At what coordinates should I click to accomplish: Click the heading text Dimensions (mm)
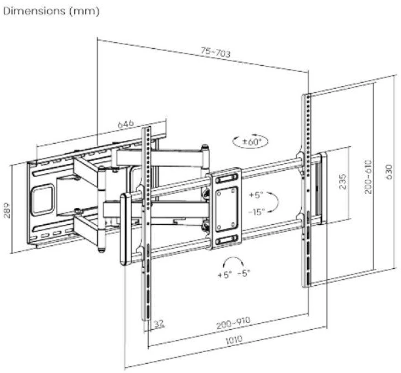coord(51,11)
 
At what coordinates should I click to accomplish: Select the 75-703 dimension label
coord(216,52)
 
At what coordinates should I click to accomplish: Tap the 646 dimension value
coord(126,124)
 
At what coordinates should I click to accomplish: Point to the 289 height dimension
coord(7,210)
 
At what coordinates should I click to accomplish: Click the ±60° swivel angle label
coord(252,142)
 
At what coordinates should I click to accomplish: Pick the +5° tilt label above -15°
coord(256,195)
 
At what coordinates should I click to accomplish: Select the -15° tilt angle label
coord(257,211)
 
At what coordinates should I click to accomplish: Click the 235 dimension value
coord(342,182)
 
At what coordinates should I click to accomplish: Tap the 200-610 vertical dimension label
coord(368,177)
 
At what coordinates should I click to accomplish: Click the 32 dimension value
coord(159,324)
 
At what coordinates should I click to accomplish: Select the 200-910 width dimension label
coord(233,323)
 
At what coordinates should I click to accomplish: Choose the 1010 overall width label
coord(234,340)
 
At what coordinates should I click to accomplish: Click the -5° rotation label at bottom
coord(244,273)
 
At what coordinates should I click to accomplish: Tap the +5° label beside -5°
coord(225,275)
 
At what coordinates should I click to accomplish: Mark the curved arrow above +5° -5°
coord(233,258)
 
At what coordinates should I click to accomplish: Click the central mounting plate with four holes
coord(224,209)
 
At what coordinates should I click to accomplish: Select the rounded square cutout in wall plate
coord(43,200)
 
